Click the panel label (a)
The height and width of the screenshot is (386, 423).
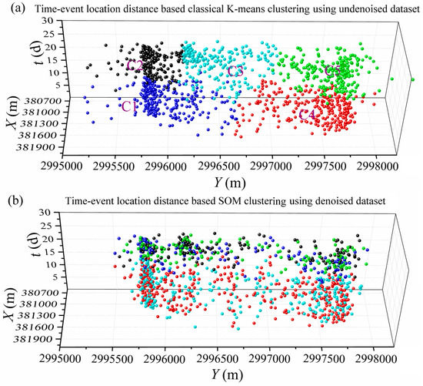click(10, 8)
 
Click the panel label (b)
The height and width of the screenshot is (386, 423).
click(10, 202)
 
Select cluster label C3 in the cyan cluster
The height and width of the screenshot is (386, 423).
click(235, 72)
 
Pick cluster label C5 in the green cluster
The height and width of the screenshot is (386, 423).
click(333, 72)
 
